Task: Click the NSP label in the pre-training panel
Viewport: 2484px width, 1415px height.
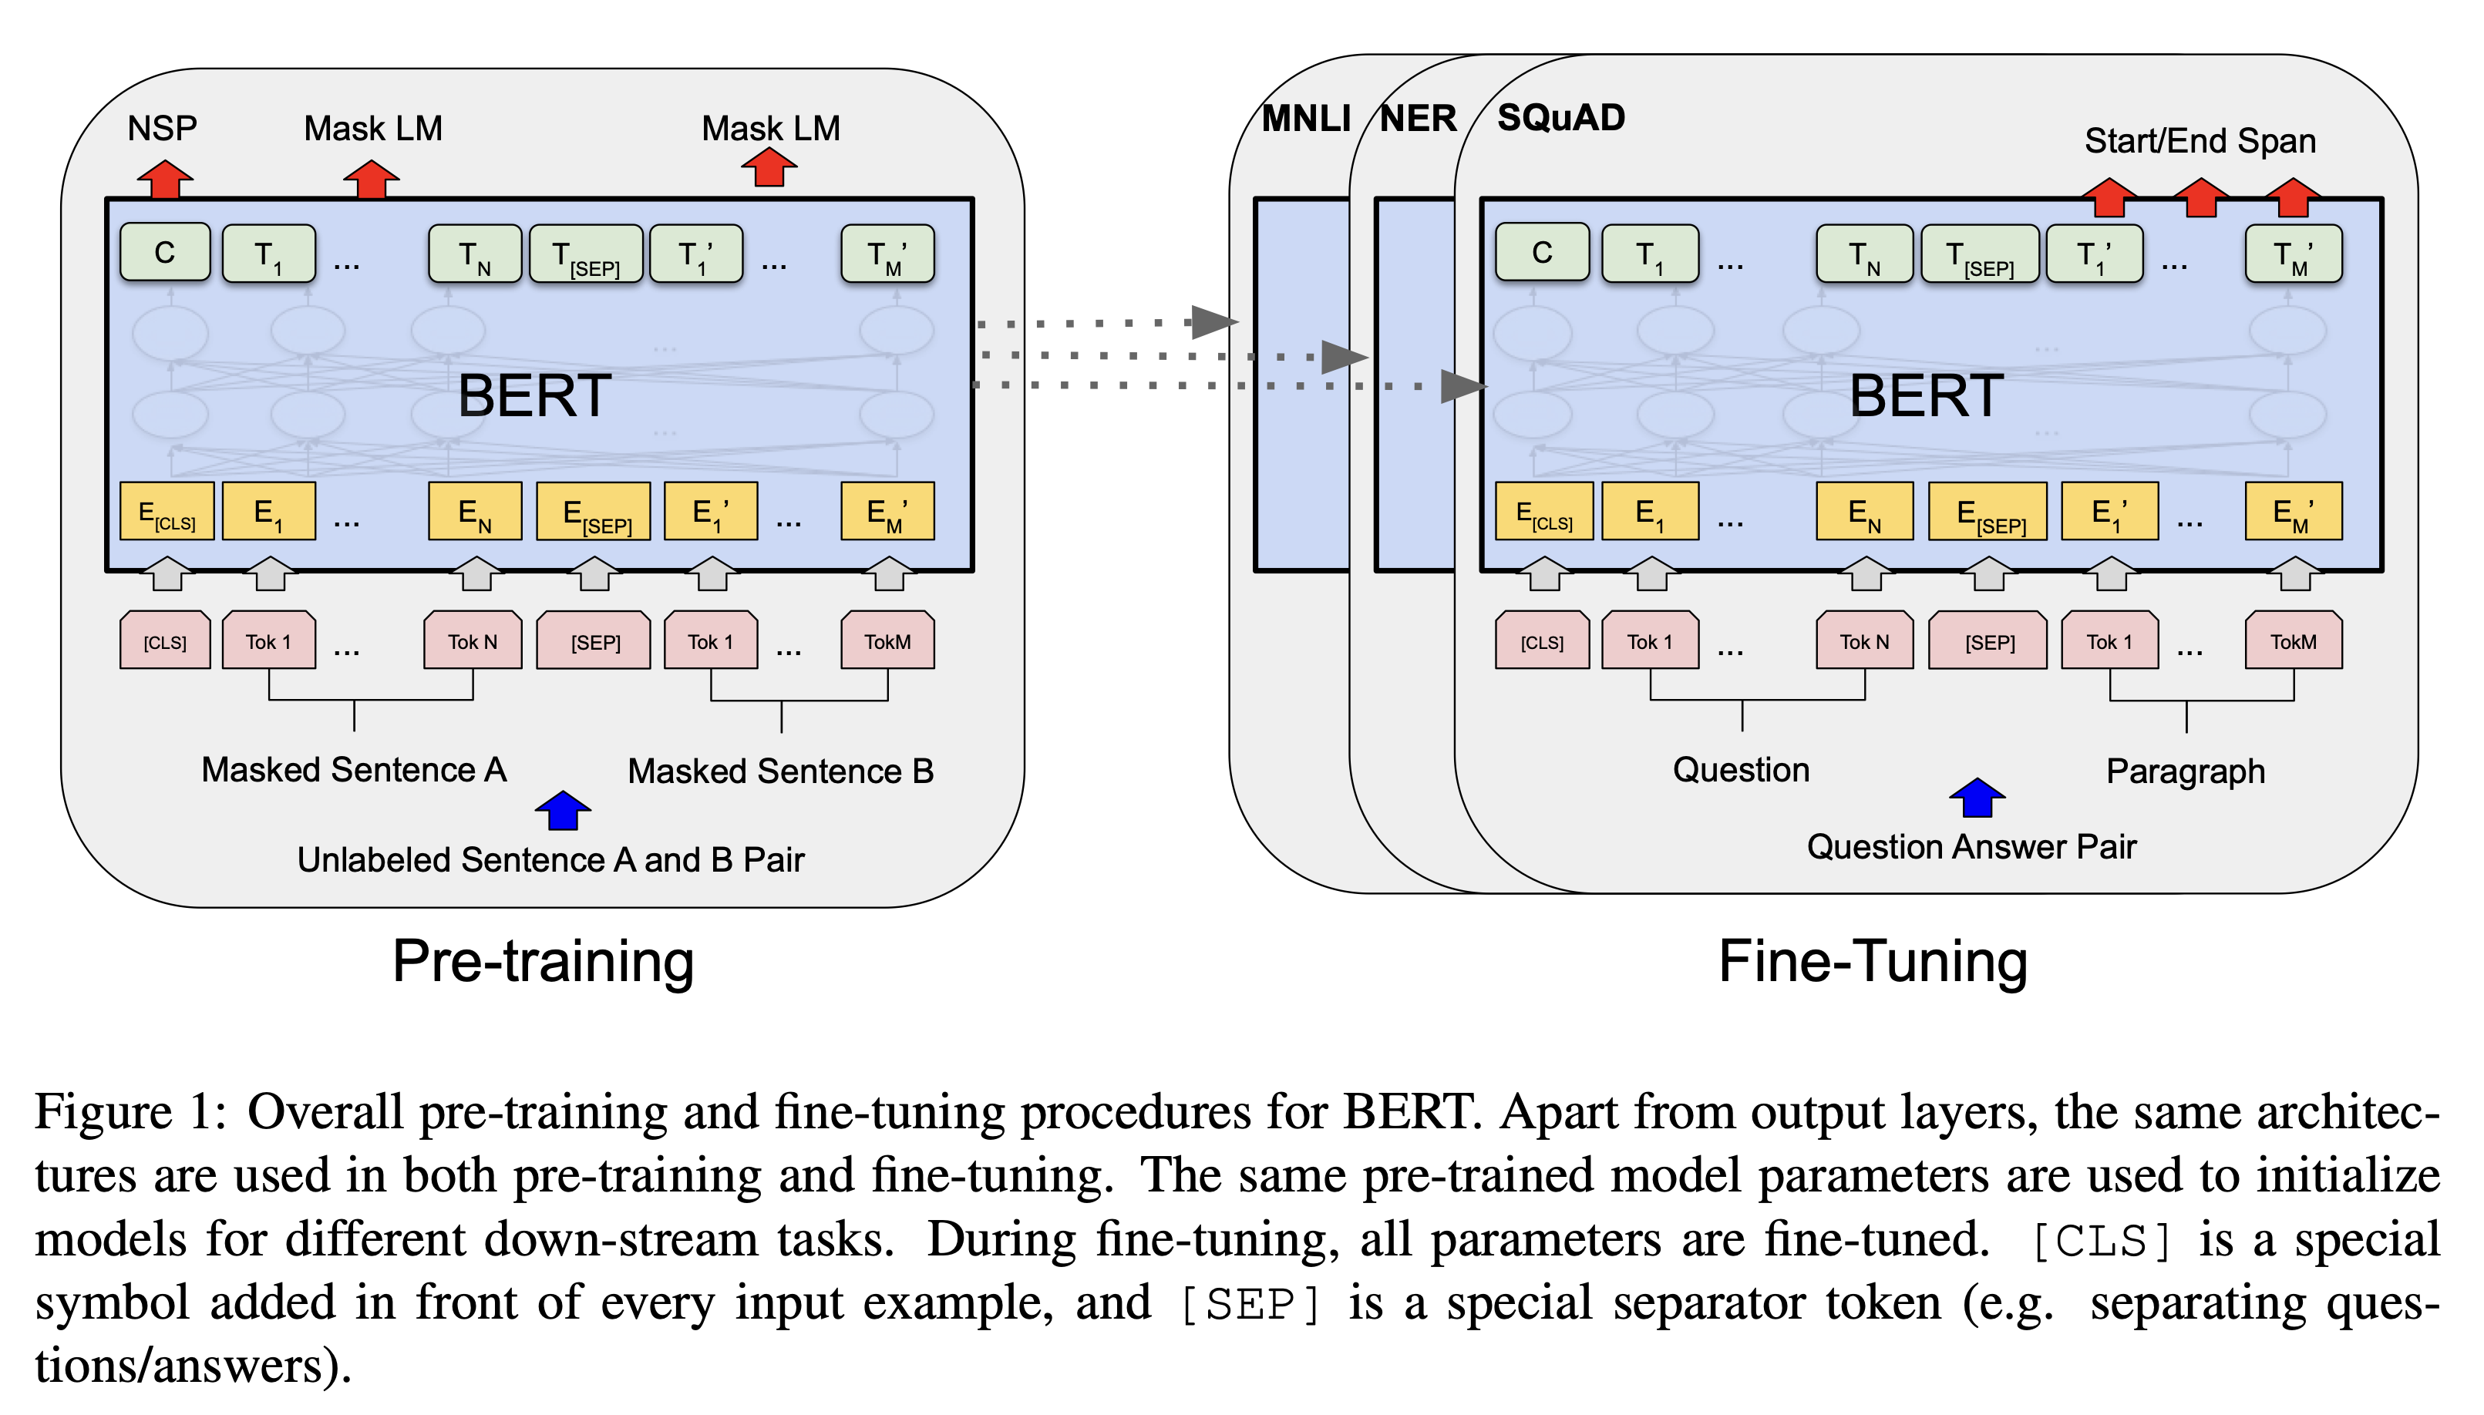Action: point(163,128)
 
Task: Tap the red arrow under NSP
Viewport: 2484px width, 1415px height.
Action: point(165,180)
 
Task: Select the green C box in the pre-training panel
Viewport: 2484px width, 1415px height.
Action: point(165,253)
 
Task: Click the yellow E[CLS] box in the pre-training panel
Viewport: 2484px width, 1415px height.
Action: point(167,511)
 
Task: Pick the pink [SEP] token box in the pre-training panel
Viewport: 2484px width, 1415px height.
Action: point(594,641)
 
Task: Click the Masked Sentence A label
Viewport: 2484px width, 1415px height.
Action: point(354,770)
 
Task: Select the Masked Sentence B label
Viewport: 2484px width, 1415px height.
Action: point(780,771)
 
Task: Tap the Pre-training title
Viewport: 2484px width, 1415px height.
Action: point(544,962)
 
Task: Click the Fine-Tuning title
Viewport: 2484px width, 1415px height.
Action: point(1873,962)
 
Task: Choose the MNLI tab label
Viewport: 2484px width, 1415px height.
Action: point(1305,119)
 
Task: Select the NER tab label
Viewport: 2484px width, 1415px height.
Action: point(1418,119)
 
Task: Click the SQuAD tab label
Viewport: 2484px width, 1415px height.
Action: point(1560,118)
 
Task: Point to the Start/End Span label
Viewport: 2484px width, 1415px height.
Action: point(2200,141)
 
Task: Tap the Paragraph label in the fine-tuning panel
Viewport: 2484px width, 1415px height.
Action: point(2186,771)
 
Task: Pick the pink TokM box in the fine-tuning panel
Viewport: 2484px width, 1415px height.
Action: point(2294,641)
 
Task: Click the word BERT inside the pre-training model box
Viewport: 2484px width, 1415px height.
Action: point(534,395)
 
